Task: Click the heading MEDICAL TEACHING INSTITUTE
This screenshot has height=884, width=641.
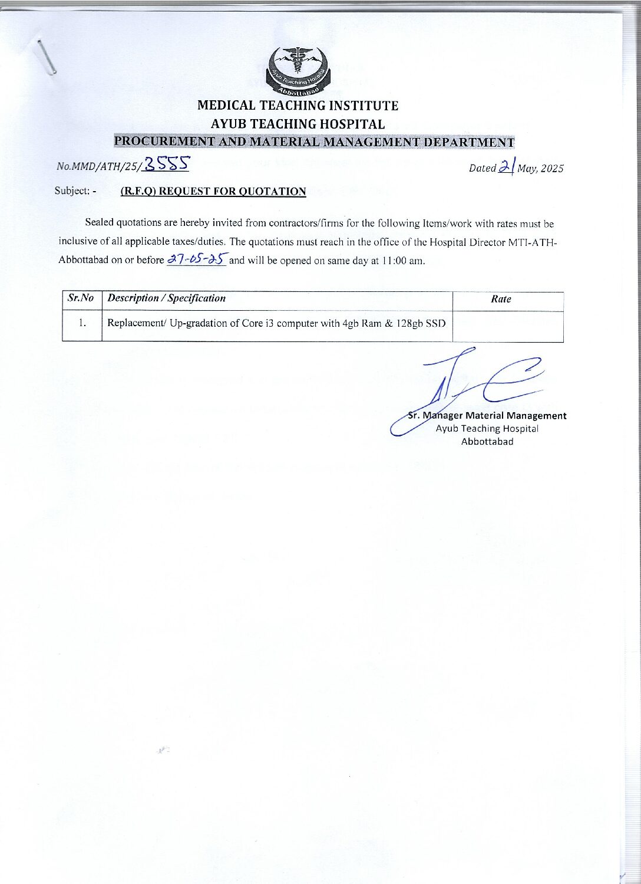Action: (298, 106)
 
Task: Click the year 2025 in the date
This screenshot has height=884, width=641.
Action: (552, 169)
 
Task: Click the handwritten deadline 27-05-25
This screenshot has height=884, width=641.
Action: (196, 259)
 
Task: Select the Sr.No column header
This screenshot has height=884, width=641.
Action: (81, 298)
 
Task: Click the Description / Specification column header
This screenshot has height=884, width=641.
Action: (167, 298)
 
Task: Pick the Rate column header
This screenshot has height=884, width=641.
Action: (501, 299)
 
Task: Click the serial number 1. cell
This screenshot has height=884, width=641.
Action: (82, 323)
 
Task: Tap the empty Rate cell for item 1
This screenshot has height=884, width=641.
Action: (507, 326)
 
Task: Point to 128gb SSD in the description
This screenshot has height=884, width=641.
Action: (421, 323)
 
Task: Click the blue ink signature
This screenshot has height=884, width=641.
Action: (471, 382)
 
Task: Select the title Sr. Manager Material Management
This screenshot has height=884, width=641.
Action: (487, 416)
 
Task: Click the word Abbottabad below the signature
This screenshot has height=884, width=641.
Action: (487, 442)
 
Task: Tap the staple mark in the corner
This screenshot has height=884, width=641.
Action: (46, 57)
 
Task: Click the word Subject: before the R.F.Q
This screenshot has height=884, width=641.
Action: (72, 191)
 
